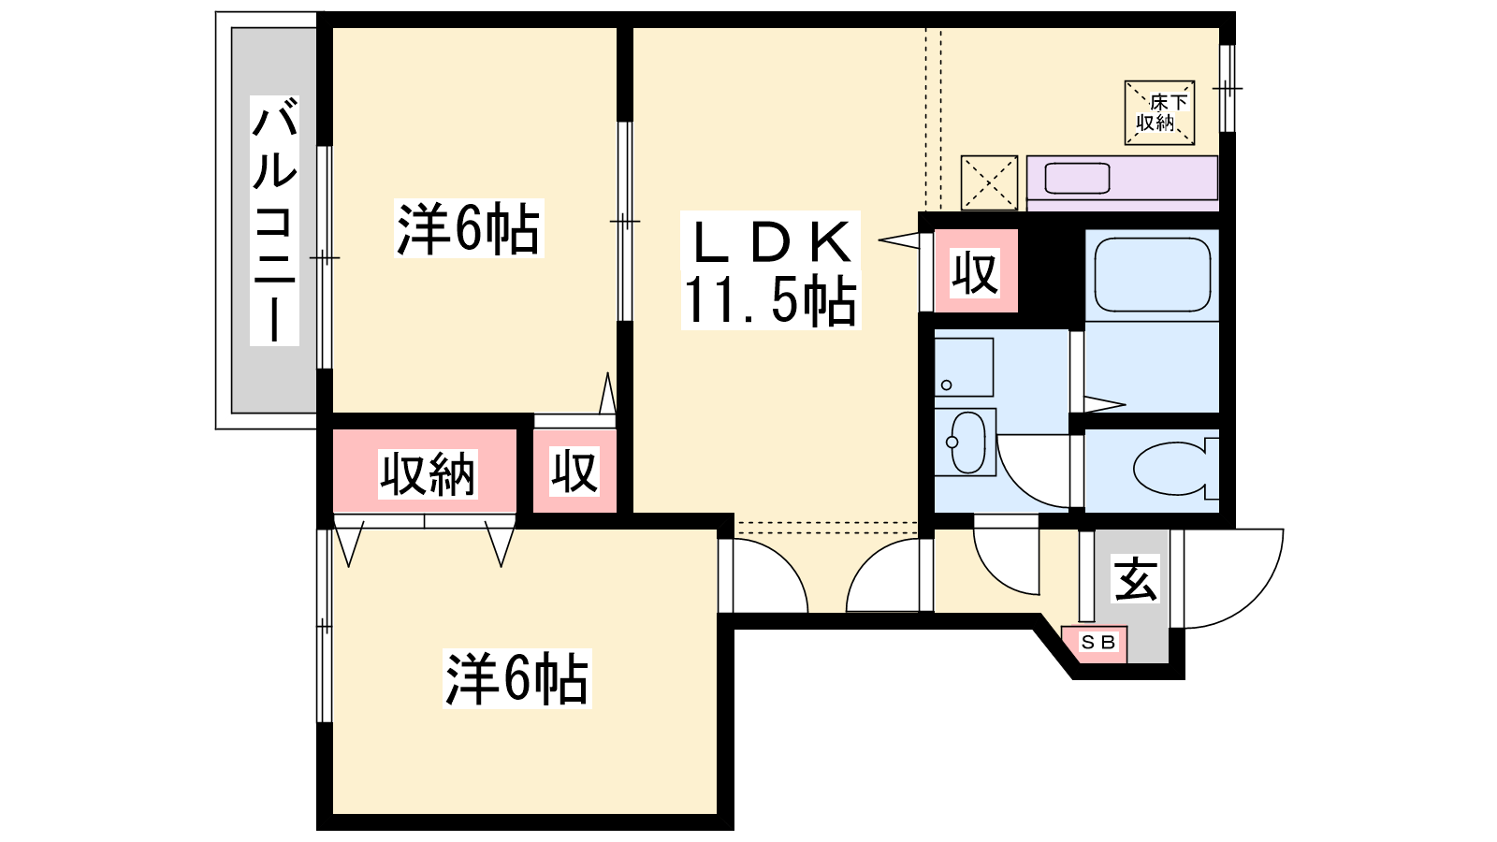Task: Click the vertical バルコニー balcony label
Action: pyautogui.click(x=274, y=221)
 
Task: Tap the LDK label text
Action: pyautogui.click(x=772, y=242)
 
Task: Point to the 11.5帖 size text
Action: pyautogui.click(x=771, y=300)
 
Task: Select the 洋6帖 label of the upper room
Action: pyautogui.click(x=469, y=228)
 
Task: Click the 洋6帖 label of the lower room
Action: pyautogui.click(x=516, y=678)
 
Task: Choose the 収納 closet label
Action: pyautogui.click(x=428, y=473)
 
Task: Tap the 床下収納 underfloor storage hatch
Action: pyautogui.click(x=1159, y=112)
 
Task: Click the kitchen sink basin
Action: pyautogui.click(x=1077, y=179)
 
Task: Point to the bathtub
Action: pyautogui.click(x=1152, y=275)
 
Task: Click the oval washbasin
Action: pyautogui.click(x=966, y=443)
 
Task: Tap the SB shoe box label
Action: pyautogui.click(x=1098, y=642)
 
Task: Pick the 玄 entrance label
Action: pyautogui.click(x=1136, y=579)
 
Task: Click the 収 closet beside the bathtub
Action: pyautogui.click(x=976, y=270)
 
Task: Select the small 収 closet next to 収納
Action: pyautogui.click(x=574, y=472)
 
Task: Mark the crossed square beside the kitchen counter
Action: pyautogui.click(x=989, y=182)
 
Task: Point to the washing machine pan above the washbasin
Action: pyautogui.click(x=964, y=367)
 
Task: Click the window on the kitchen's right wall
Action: pyautogui.click(x=1227, y=88)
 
